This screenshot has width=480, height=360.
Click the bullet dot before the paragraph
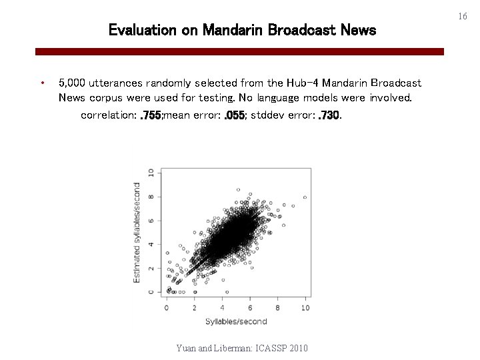point(42,83)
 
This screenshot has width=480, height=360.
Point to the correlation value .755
point(151,115)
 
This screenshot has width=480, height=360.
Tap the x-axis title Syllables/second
point(235,321)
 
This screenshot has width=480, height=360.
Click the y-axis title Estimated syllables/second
point(137,232)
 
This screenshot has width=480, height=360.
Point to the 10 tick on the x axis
point(305,307)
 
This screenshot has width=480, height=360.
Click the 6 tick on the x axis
point(249,307)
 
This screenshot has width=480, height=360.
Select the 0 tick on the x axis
point(166,307)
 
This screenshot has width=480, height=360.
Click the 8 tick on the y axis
point(151,196)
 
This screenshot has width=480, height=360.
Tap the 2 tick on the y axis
point(151,268)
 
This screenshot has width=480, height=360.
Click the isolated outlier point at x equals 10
point(305,197)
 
